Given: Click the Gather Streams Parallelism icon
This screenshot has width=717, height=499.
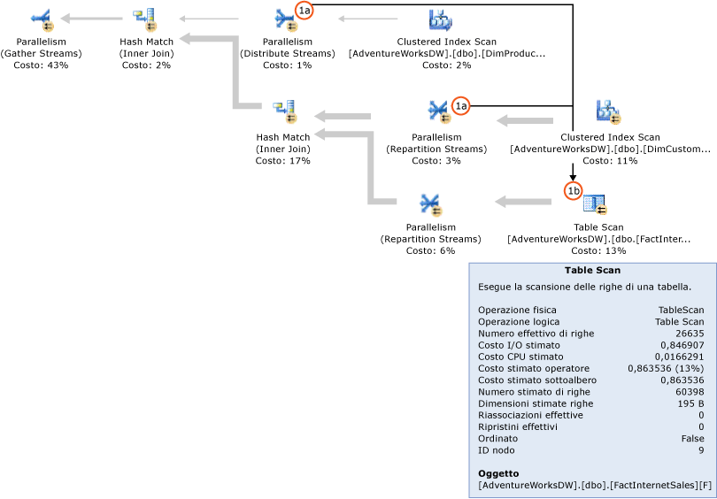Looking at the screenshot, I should pyautogui.click(x=42, y=18).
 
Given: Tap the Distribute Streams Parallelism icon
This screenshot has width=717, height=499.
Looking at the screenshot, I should pyautogui.click(x=285, y=18).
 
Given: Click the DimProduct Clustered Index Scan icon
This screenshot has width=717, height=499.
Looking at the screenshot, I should pyautogui.click(x=440, y=19).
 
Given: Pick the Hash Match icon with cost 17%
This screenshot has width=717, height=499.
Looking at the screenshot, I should pyautogui.click(x=284, y=112).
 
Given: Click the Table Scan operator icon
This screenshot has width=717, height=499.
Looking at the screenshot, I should pyautogui.click(x=595, y=204).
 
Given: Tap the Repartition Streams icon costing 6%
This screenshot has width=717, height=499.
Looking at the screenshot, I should pyautogui.click(x=431, y=204).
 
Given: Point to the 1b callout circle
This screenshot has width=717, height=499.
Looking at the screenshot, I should pyautogui.click(x=574, y=190).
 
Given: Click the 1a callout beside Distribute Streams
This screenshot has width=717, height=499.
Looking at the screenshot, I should pyautogui.click(x=305, y=11).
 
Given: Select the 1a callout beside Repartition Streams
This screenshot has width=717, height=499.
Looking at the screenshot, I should pyautogui.click(x=460, y=105).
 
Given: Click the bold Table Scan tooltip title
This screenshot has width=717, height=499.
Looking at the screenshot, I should pyautogui.click(x=592, y=271).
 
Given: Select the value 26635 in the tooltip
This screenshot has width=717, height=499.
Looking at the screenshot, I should pyautogui.click(x=690, y=334).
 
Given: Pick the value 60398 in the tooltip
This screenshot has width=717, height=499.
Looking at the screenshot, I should pyautogui.click(x=690, y=391).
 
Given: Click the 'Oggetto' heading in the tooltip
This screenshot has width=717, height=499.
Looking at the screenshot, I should pyautogui.click(x=498, y=473).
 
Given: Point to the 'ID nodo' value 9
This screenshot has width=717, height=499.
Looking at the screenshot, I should pyautogui.click(x=701, y=449).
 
